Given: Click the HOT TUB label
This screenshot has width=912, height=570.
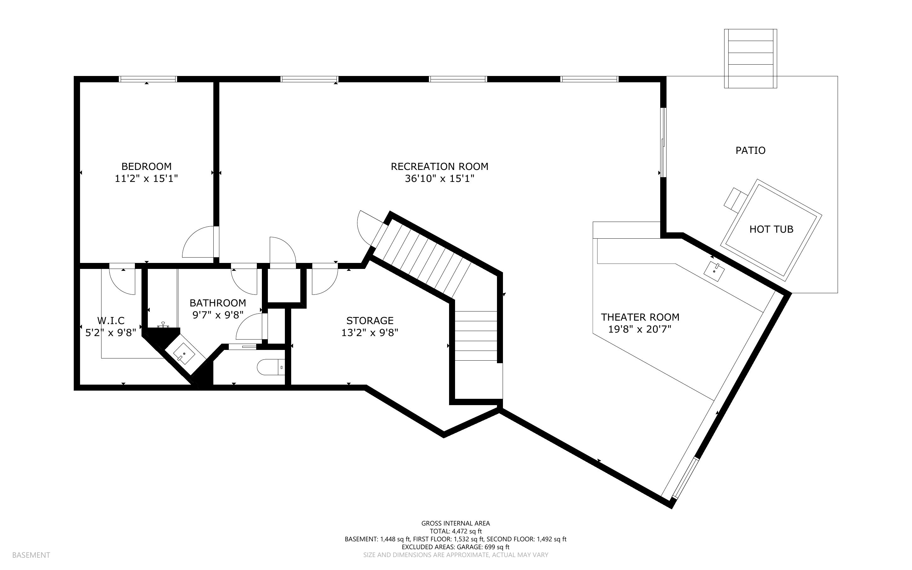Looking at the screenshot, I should click(x=771, y=229).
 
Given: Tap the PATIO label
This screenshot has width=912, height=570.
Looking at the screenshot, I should click(x=750, y=150).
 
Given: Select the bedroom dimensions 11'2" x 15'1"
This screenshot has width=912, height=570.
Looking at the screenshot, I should click(x=146, y=178).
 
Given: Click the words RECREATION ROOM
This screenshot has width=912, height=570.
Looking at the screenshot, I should click(x=439, y=166).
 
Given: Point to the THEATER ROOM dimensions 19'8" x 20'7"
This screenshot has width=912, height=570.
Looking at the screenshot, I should click(x=640, y=329).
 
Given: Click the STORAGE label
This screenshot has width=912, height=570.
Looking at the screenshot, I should click(x=370, y=320).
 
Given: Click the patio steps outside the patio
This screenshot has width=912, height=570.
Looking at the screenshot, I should click(x=750, y=58).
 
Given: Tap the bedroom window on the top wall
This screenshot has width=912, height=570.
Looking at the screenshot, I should click(x=148, y=79).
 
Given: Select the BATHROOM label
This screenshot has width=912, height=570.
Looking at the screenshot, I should click(x=218, y=303).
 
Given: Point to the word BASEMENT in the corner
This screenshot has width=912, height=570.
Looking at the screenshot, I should click(x=31, y=555).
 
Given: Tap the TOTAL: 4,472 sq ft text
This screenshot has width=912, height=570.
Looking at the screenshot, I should click(x=455, y=531).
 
